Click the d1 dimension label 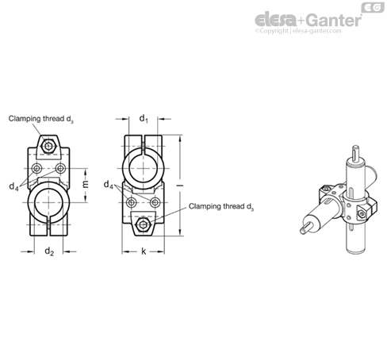(x=144, y=119)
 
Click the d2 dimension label (x=49, y=251)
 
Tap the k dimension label (x=144, y=251)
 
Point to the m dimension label (x=85, y=184)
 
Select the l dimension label (x=181, y=186)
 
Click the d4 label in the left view (x=13, y=186)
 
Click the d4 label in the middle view (x=109, y=185)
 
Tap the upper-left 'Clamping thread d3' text (x=41, y=119)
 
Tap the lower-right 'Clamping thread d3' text (x=221, y=207)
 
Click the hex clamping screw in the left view (x=48, y=146)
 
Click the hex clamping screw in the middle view (x=143, y=224)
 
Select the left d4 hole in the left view (x=36, y=168)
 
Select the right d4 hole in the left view (x=60, y=168)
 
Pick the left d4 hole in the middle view (x=131, y=203)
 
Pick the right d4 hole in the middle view (x=155, y=203)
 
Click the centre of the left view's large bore (x=48, y=203)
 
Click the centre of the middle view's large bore (x=144, y=168)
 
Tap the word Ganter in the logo (x=335, y=21)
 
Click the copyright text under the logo (x=298, y=31)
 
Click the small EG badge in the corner (x=373, y=8)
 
